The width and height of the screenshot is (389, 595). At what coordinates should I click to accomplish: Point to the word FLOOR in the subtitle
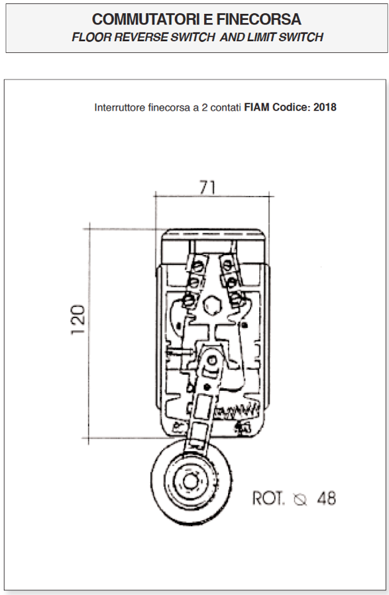[91, 37]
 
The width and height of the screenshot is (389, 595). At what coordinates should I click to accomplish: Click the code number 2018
[325, 107]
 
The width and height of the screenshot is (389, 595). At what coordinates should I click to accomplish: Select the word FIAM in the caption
[256, 107]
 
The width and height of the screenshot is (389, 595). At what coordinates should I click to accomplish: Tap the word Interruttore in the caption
[120, 107]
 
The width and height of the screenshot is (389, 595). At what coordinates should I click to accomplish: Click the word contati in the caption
[225, 107]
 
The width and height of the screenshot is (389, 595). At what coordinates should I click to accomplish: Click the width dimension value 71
[207, 188]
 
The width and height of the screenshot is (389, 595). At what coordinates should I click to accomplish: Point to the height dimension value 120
[78, 319]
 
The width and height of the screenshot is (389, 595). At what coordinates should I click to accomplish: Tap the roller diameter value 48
[327, 498]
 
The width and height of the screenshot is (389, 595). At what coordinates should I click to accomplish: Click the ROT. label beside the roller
[268, 498]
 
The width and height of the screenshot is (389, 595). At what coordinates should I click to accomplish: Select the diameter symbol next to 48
[300, 500]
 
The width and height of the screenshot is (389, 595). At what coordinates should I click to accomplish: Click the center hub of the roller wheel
[189, 481]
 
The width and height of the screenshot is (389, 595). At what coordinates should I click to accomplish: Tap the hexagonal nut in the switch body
[211, 305]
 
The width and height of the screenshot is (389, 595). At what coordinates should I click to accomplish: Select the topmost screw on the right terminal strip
[227, 264]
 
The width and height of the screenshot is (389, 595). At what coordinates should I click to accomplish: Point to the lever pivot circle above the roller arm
[212, 360]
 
